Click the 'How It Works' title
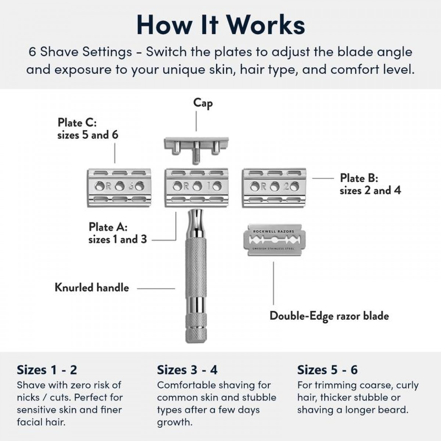pos(220,25)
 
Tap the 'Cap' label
pos(203,103)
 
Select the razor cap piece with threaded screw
pos(196,150)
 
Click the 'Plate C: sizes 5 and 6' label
pos(88,129)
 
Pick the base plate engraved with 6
pos(119,188)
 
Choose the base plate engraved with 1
pos(197,188)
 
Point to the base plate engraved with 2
pos(274,188)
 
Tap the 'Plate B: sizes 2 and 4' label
pos(370,184)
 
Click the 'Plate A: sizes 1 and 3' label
pos(118,233)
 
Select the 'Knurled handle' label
pos(92,288)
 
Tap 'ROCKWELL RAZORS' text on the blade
pos(274,232)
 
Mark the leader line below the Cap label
pos(196,121)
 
